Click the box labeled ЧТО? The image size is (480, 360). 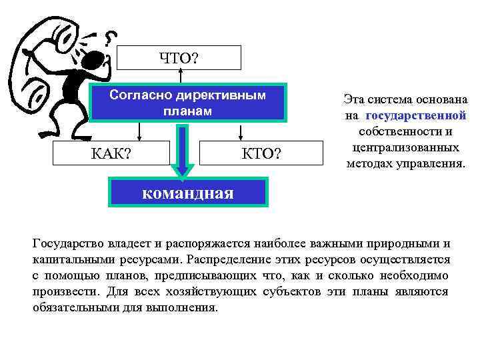point(179,58)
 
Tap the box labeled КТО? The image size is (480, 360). point(259,155)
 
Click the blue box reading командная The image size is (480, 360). point(189,193)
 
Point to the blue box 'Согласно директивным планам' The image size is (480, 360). point(187,103)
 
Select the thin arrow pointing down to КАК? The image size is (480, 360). point(138,132)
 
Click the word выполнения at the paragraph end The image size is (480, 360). point(187,308)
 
